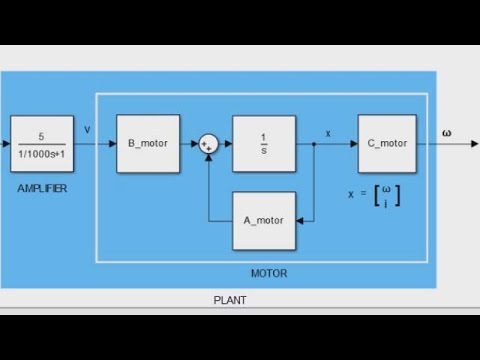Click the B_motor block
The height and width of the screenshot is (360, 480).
coord(146,144)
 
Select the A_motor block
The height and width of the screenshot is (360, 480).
coord(264,220)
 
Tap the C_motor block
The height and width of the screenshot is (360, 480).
coord(387,144)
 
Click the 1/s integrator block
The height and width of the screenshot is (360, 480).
coord(264,144)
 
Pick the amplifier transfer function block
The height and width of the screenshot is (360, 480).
coord(42,144)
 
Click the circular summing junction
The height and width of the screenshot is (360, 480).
coord(208,144)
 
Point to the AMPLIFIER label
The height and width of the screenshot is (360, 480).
coord(42,188)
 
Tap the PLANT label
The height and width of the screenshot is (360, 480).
coord(230,299)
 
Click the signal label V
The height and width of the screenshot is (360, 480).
coord(87,129)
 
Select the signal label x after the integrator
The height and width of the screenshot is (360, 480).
coord(328,133)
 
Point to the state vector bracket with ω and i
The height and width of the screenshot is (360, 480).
coord(386,195)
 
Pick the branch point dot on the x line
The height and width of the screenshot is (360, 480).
coord(314,144)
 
